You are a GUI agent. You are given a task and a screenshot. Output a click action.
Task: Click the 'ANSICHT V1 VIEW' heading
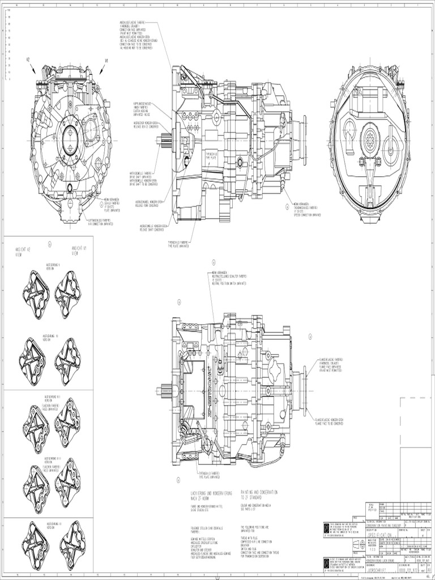tap(79, 251)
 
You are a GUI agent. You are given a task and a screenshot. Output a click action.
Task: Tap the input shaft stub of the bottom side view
tap(165, 390)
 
